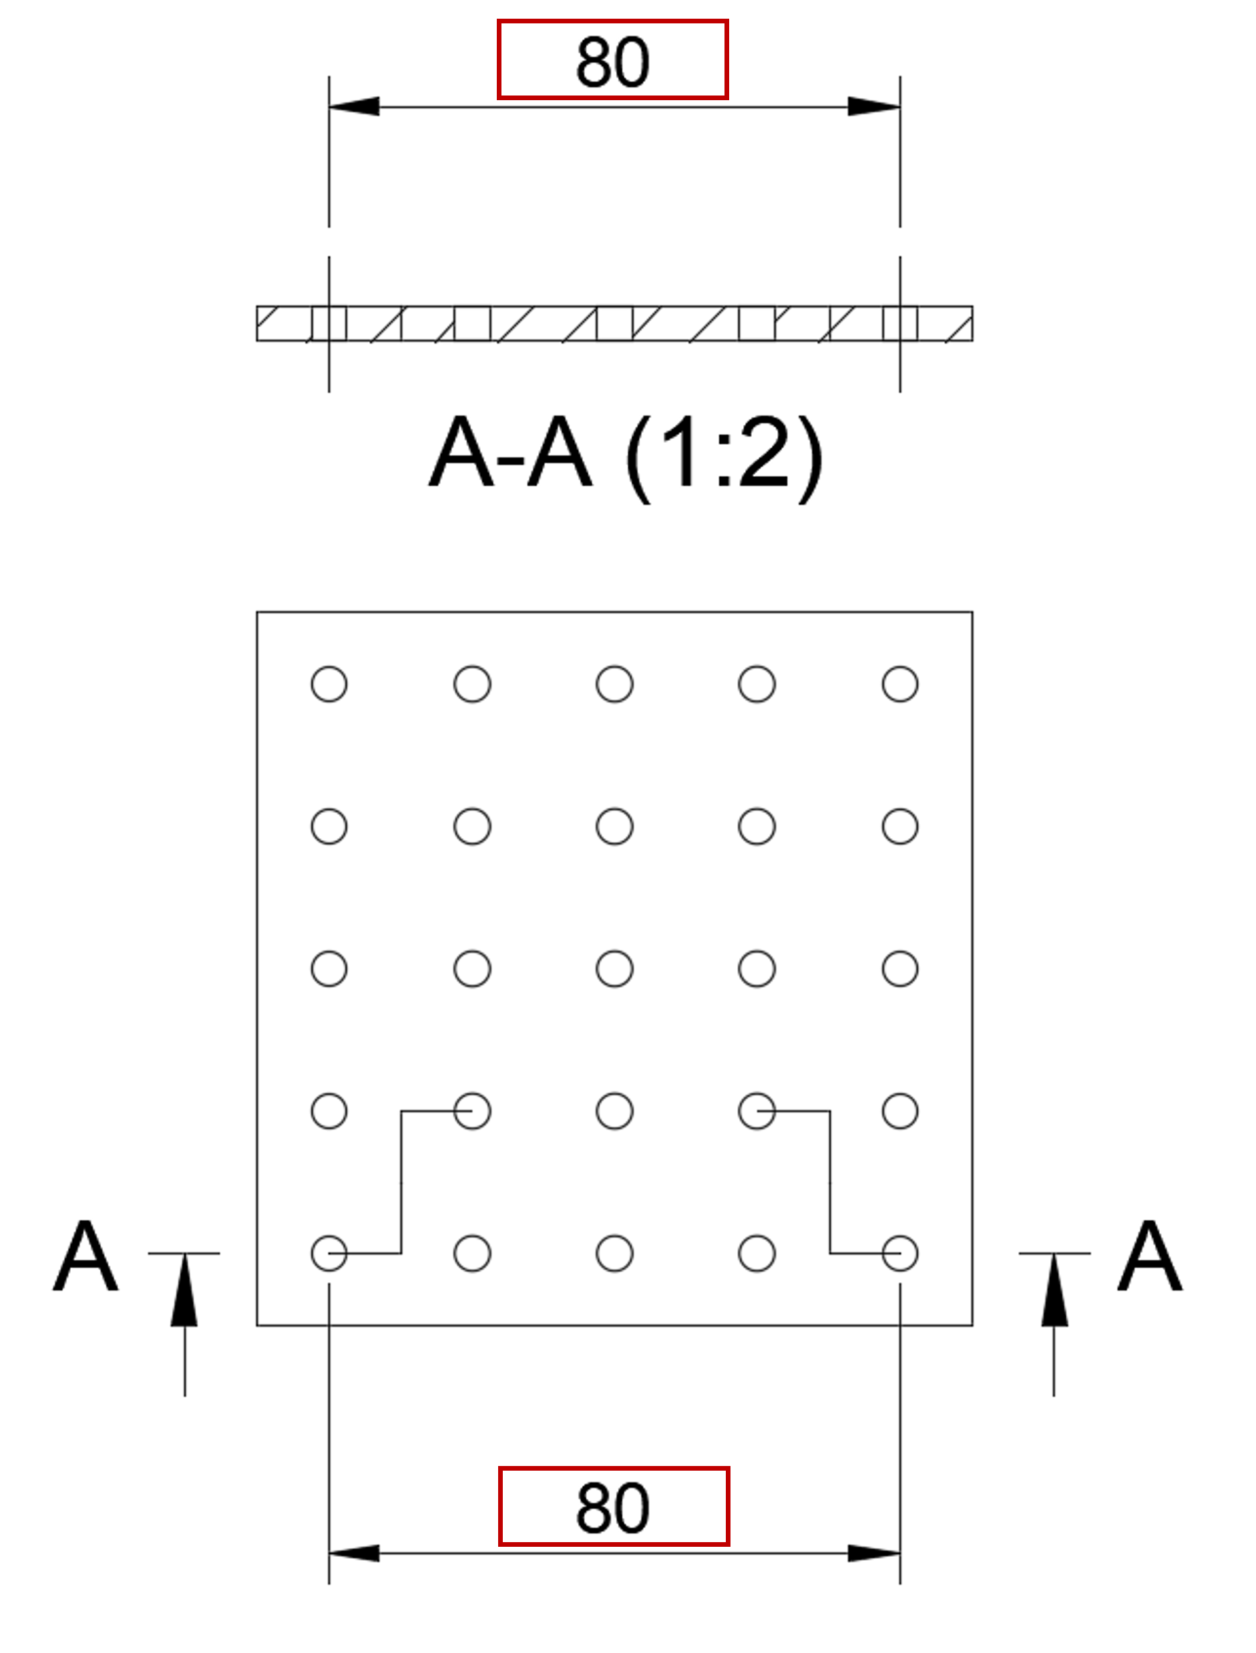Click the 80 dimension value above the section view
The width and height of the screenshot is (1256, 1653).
(x=612, y=61)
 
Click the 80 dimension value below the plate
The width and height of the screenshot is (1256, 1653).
(x=612, y=1508)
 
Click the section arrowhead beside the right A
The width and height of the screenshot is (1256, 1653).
(x=1054, y=1290)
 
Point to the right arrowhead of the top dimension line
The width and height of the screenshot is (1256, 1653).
(x=874, y=106)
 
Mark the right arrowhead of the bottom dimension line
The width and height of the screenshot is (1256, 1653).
(x=874, y=1553)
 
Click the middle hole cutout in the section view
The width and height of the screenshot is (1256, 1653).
(x=614, y=323)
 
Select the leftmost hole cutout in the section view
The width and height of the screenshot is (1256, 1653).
(x=329, y=323)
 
